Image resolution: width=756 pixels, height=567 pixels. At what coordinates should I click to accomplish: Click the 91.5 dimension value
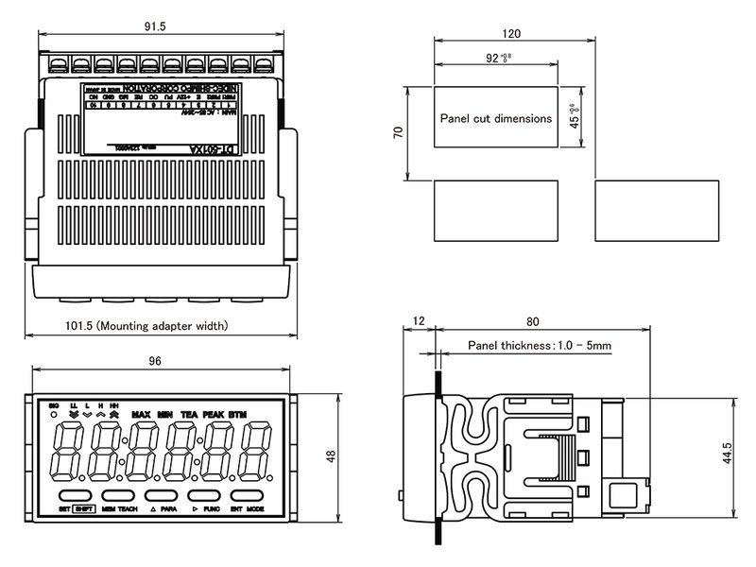click(157, 27)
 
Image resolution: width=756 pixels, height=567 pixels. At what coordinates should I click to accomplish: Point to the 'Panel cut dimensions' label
click(496, 119)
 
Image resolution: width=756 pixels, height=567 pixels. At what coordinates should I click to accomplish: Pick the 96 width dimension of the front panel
click(156, 360)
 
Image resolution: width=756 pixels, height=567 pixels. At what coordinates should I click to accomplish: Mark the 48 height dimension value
click(331, 455)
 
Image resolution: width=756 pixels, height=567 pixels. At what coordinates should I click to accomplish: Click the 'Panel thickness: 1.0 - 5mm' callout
click(540, 346)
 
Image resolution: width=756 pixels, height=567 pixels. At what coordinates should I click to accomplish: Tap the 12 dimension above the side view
click(421, 320)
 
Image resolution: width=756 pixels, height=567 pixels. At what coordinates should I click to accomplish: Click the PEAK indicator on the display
click(212, 415)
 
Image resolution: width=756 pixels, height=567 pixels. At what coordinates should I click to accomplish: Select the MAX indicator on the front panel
click(142, 415)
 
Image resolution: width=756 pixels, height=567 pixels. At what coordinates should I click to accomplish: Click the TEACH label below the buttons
click(128, 508)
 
